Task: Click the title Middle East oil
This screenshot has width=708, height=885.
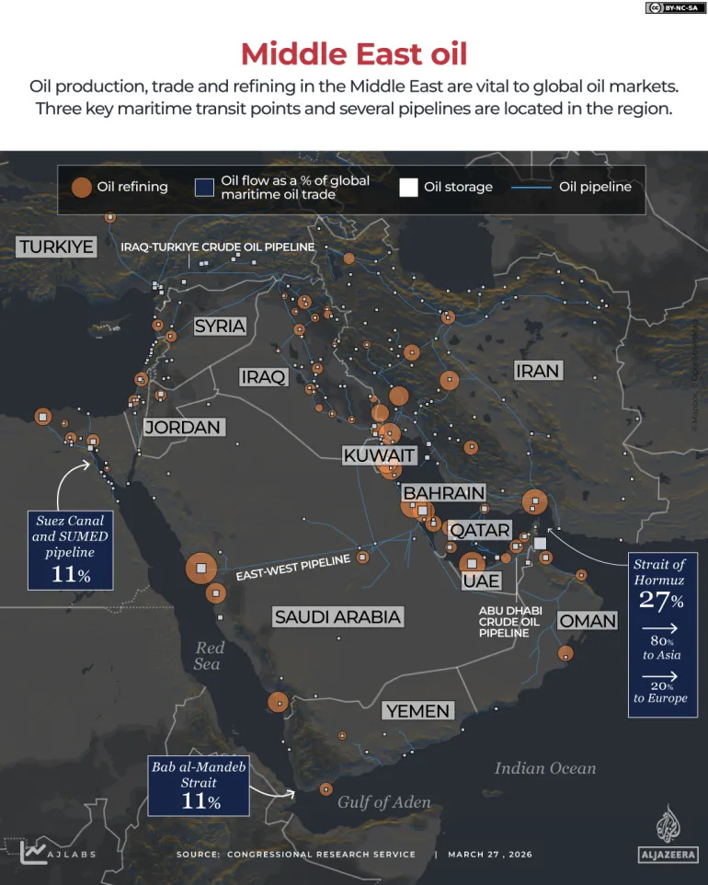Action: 354,53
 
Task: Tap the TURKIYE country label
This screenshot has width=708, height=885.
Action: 56,247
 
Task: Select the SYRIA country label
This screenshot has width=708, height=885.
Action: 220,326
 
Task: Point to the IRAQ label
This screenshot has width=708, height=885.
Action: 263,376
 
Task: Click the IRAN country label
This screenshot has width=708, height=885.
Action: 537,370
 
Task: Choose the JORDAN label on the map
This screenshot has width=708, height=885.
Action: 182,427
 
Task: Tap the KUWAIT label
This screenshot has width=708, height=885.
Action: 379,455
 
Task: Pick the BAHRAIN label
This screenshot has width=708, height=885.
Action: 443,493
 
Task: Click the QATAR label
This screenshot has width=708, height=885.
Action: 479,530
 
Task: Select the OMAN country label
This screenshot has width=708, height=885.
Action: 588,621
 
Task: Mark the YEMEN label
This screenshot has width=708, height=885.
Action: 417,710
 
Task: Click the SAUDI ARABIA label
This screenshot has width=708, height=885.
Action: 337,616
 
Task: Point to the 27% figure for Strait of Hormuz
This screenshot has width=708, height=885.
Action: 661,602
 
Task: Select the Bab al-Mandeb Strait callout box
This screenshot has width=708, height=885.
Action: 199,785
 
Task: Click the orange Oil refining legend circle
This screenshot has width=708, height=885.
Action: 82,187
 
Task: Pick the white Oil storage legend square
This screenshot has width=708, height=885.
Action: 408,187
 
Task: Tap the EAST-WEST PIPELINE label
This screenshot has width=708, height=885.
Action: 293,569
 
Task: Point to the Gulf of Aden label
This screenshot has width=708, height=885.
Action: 383,802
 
